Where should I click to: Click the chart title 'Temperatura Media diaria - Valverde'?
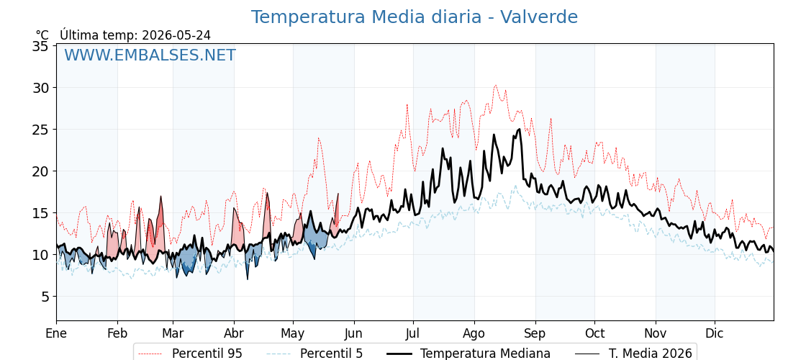[415, 17]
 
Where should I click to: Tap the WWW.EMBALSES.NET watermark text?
[150, 55]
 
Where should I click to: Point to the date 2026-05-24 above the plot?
[176, 35]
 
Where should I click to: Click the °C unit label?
[42, 35]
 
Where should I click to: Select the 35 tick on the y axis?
[40, 46]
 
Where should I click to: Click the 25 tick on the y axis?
[40, 130]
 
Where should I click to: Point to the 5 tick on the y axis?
[45, 296]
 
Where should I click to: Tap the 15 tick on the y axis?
[40, 213]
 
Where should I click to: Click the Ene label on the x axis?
[57, 333]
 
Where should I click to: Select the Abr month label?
[234, 333]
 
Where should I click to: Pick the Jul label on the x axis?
[413, 333]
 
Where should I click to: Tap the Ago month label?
[474, 333]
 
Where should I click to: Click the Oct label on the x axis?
[594, 333]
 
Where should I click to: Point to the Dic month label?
[715, 333]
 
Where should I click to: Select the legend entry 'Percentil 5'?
[315, 354]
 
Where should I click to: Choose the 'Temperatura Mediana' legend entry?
[468, 354]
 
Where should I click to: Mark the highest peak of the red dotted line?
[495, 86]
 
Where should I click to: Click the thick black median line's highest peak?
[520, 129]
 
